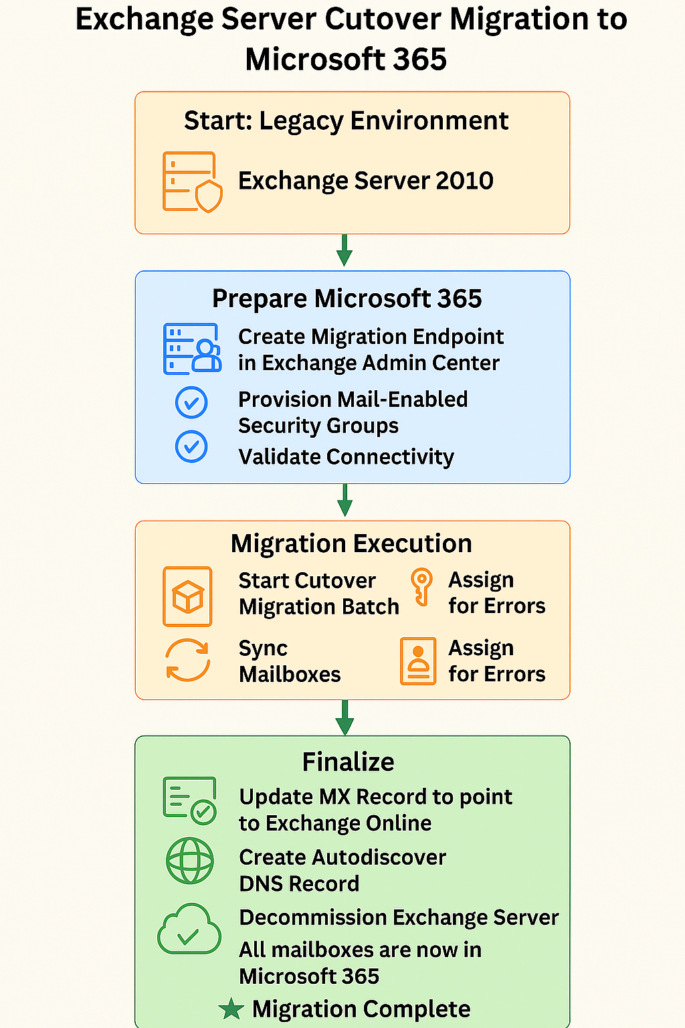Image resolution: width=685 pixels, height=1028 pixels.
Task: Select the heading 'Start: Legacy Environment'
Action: pyautogui.click(x=346, y=121)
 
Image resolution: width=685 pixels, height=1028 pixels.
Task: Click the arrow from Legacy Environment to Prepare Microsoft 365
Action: pyautogui.click(x=345, y=251)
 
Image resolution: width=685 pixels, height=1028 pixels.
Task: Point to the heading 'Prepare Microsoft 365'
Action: pyautogui.click(x=347, y=298)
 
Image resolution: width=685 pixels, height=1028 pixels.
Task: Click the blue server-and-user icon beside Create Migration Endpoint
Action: pyautogui.click(x=192, y=349)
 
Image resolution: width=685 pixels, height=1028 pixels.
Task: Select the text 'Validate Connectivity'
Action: pyautogui.click(x=346, y=456)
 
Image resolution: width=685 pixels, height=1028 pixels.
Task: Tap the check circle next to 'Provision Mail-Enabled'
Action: pyautogui.click(x=191, y=403)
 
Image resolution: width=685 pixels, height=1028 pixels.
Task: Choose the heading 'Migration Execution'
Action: pyautogui.click(x=351, y=543)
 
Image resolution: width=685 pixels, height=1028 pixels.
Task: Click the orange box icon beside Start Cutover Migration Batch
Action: pyautogui.click(x=188, y=596)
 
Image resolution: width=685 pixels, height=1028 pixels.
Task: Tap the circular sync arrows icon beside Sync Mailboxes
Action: pyautogui.click(x=188, y=661)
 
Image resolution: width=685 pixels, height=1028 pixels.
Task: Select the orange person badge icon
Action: pyautogui.click(x=418, y=661)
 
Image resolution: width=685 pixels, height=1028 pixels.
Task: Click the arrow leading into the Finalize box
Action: pyautogui.click(x=345, y=717)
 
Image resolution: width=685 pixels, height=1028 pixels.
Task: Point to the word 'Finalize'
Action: pyautogui.click(x=348, y=762)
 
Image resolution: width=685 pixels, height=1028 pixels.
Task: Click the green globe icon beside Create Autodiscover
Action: pyautogui.click(x=190, y=861)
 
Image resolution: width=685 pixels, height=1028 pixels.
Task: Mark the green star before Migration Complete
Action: pyautogui.click(x=231, y=1009)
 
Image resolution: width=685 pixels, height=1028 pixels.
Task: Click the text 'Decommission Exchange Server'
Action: pyautogui.click(x=399, y=918)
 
